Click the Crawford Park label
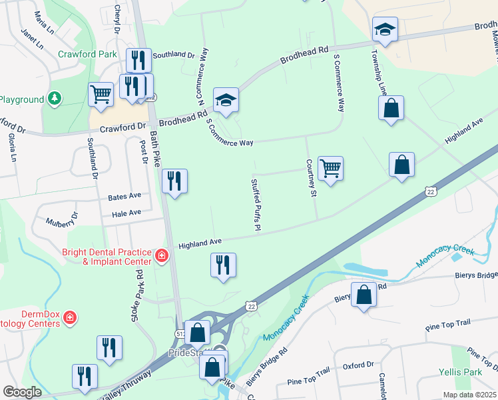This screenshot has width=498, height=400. (x=87, y=53)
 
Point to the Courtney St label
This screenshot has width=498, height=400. (x=310, y=178)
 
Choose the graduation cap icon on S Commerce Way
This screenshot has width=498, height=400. (x=226, y=100)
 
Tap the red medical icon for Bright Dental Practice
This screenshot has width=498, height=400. (x=161, y=255)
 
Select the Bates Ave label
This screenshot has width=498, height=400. (x=125, y=197)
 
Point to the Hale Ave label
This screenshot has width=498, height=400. (x=126, y=213)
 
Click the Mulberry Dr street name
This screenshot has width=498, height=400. (x=62, y=219)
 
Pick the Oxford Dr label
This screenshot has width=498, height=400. (x=358, y=365)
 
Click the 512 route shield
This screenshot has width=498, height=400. (x=180, y=333)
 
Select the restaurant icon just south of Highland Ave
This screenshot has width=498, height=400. (x=223, y=265)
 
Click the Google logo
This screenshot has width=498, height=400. (x=22, y=392)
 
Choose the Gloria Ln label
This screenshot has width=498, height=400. (x=11, y=148)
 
